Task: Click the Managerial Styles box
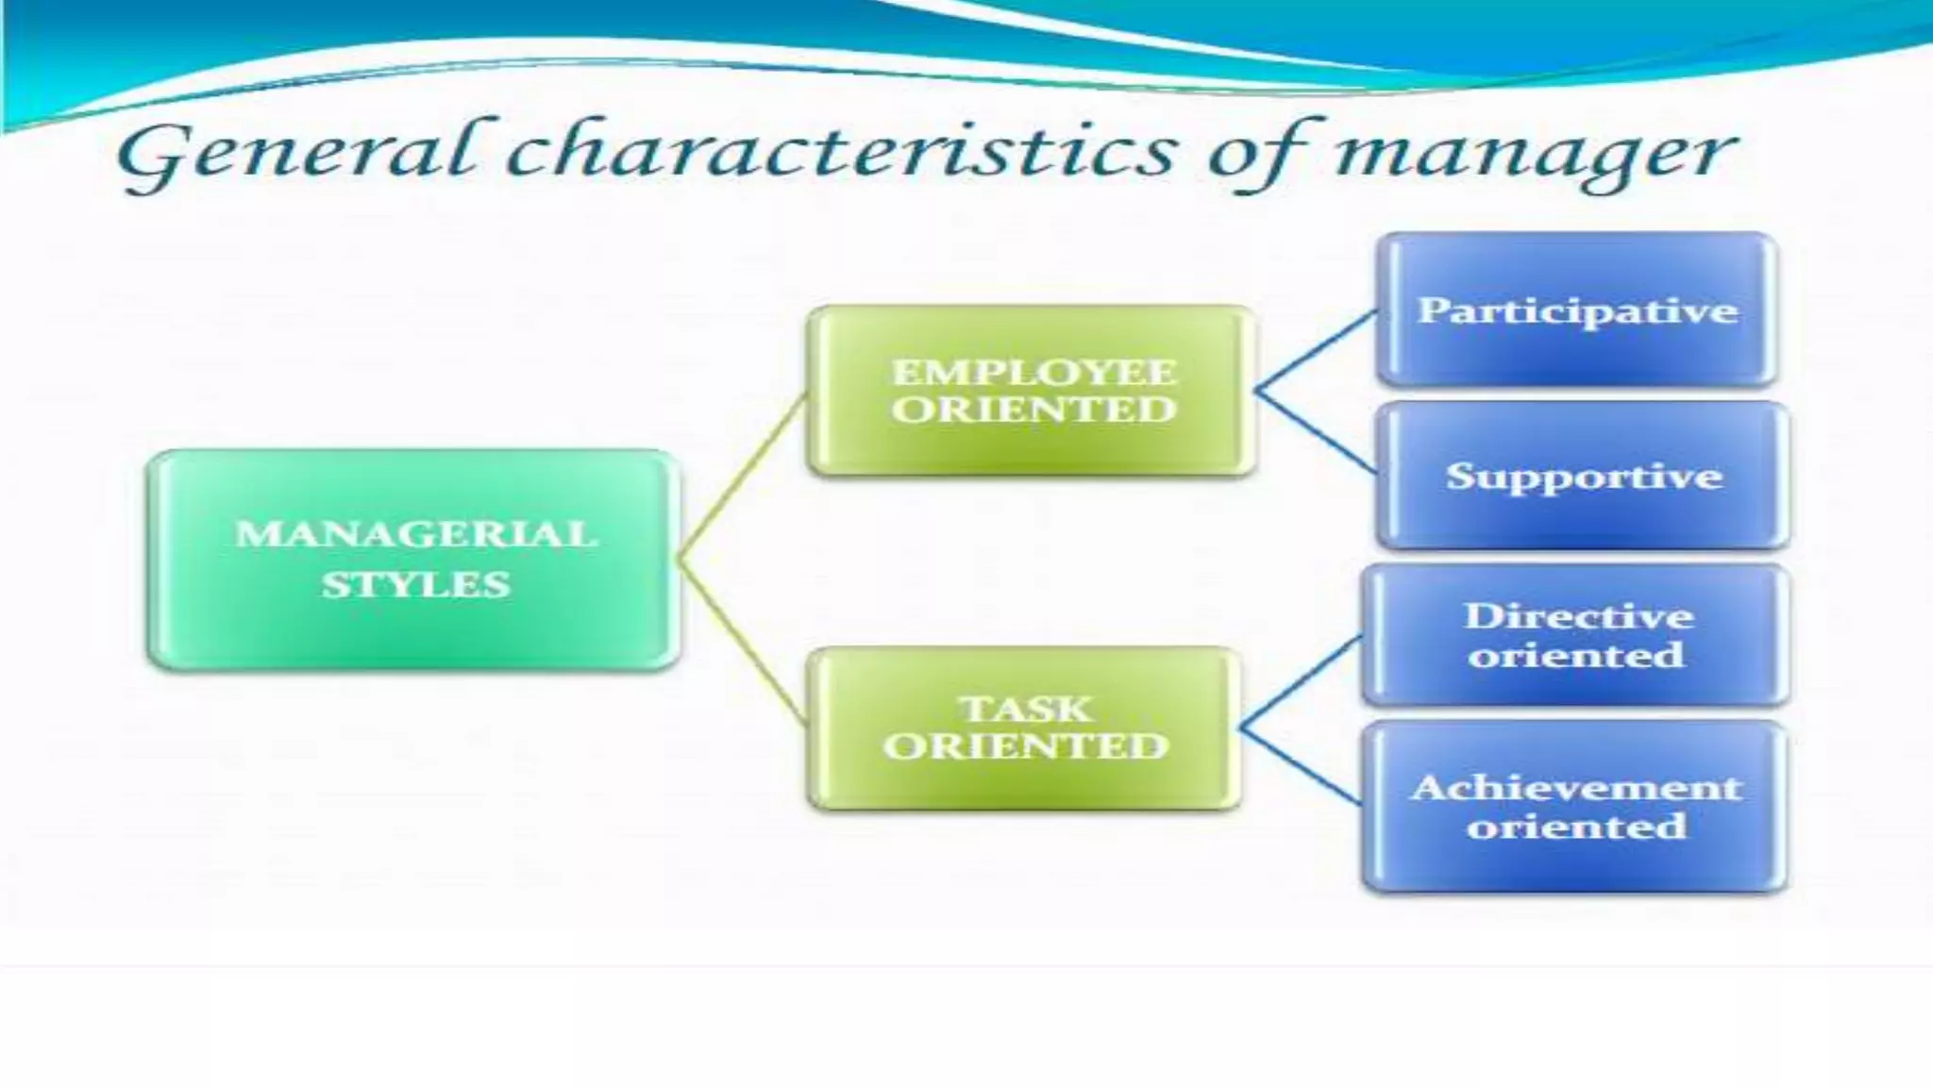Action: (x=413, y=560)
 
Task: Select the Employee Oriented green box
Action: (x=1033, y=391)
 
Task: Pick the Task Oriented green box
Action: (x=1025, y=727)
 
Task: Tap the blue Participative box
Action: (x=1576, y=309)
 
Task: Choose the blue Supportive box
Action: (x=1583, y=476)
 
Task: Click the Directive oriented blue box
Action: (x=1576, y=635)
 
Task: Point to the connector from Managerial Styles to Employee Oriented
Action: (x=742, y=477)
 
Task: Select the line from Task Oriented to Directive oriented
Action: (x=1302, y=682)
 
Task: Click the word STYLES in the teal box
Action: (x=415, y=585)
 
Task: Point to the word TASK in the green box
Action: (x=1025, y=709)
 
